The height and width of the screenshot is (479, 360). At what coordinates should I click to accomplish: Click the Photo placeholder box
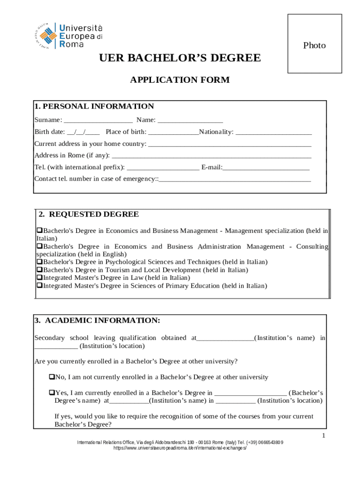click(x=314, y=44)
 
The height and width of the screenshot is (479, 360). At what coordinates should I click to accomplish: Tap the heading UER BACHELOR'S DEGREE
click(x=180, y=58)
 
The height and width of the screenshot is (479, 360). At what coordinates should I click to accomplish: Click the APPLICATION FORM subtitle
click(x=180, y=80)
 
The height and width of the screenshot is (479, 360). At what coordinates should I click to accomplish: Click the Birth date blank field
click(x=83, y=132)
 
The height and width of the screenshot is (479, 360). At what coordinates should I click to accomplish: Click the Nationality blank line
click(x=274, y=132)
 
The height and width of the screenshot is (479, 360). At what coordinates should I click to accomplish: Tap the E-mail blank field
click(x=266, y=167)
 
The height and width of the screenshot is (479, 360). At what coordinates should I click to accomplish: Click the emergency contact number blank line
click(x=235, y=179)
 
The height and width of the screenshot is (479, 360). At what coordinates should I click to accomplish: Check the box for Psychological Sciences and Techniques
click(x=40, y=262)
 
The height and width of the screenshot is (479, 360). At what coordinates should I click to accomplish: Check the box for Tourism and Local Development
click(x=40, y=270)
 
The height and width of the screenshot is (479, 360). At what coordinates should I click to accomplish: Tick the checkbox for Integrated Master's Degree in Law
click(x=40, y=278)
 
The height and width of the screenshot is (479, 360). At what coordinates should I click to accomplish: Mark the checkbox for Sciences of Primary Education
click(x=40, y=286)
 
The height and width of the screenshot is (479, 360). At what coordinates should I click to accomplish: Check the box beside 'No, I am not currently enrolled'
click(x=52, y=377)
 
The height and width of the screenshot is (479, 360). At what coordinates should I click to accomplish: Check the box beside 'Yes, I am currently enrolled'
click(x=52, y=393)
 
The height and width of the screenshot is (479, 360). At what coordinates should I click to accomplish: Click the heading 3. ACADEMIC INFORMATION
click(x=97, y=320)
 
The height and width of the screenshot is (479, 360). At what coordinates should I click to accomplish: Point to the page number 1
click(x=323, y=436)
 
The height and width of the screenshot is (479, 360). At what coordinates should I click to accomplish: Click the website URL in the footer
click(x=180, y=448)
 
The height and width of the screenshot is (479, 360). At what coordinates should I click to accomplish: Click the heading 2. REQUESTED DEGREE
click(x=89, y=214)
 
